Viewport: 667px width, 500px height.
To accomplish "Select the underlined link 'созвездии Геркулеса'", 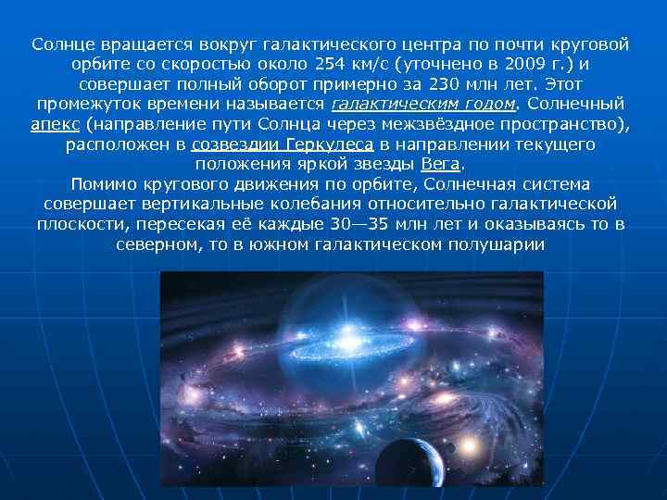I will [283, 144].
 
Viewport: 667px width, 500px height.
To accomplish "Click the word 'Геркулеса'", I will [327, 144].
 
